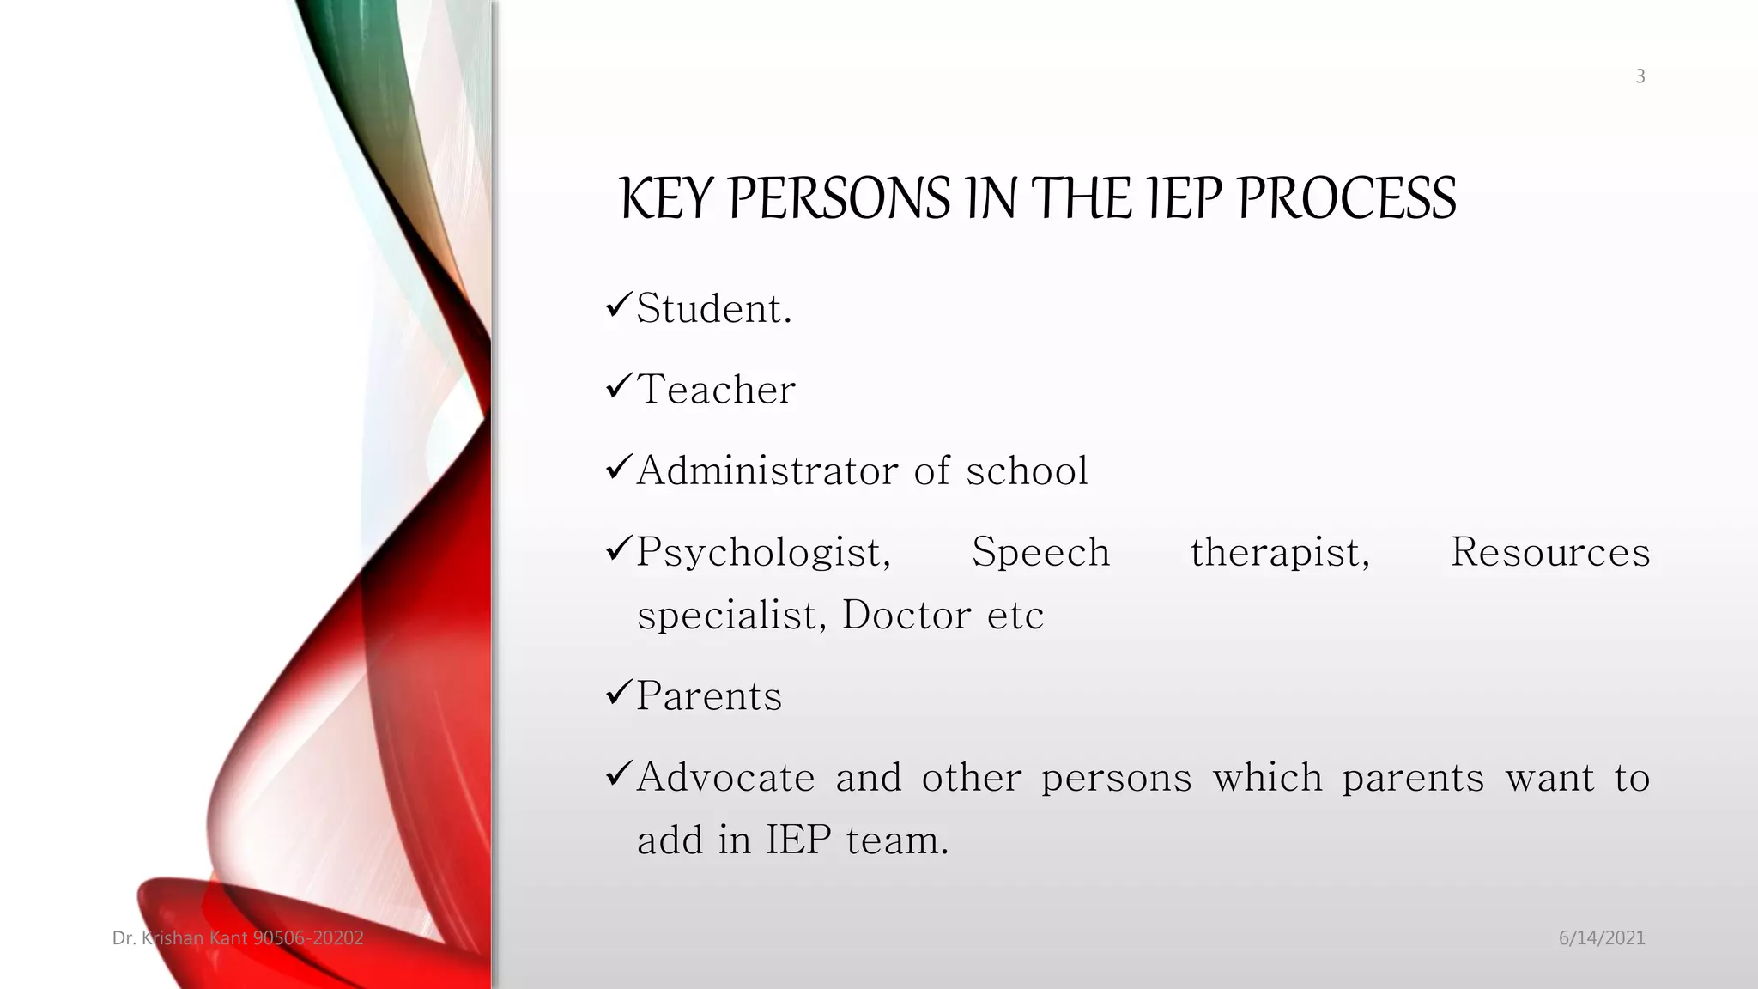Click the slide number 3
tap(1640, 76)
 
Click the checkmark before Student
tap(618, 305)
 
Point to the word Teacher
tap(716, 390)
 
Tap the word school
tap(1027, 470)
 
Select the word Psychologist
tap(763, 553)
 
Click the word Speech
tap(1040, 552)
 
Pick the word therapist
tap(1279, 552)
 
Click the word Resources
tap(1549, 552)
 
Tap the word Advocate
tap(725, 777)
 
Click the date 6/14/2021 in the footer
tap(1601, 937)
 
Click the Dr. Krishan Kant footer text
tap(238, 937)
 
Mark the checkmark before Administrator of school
tap(618, 467)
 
